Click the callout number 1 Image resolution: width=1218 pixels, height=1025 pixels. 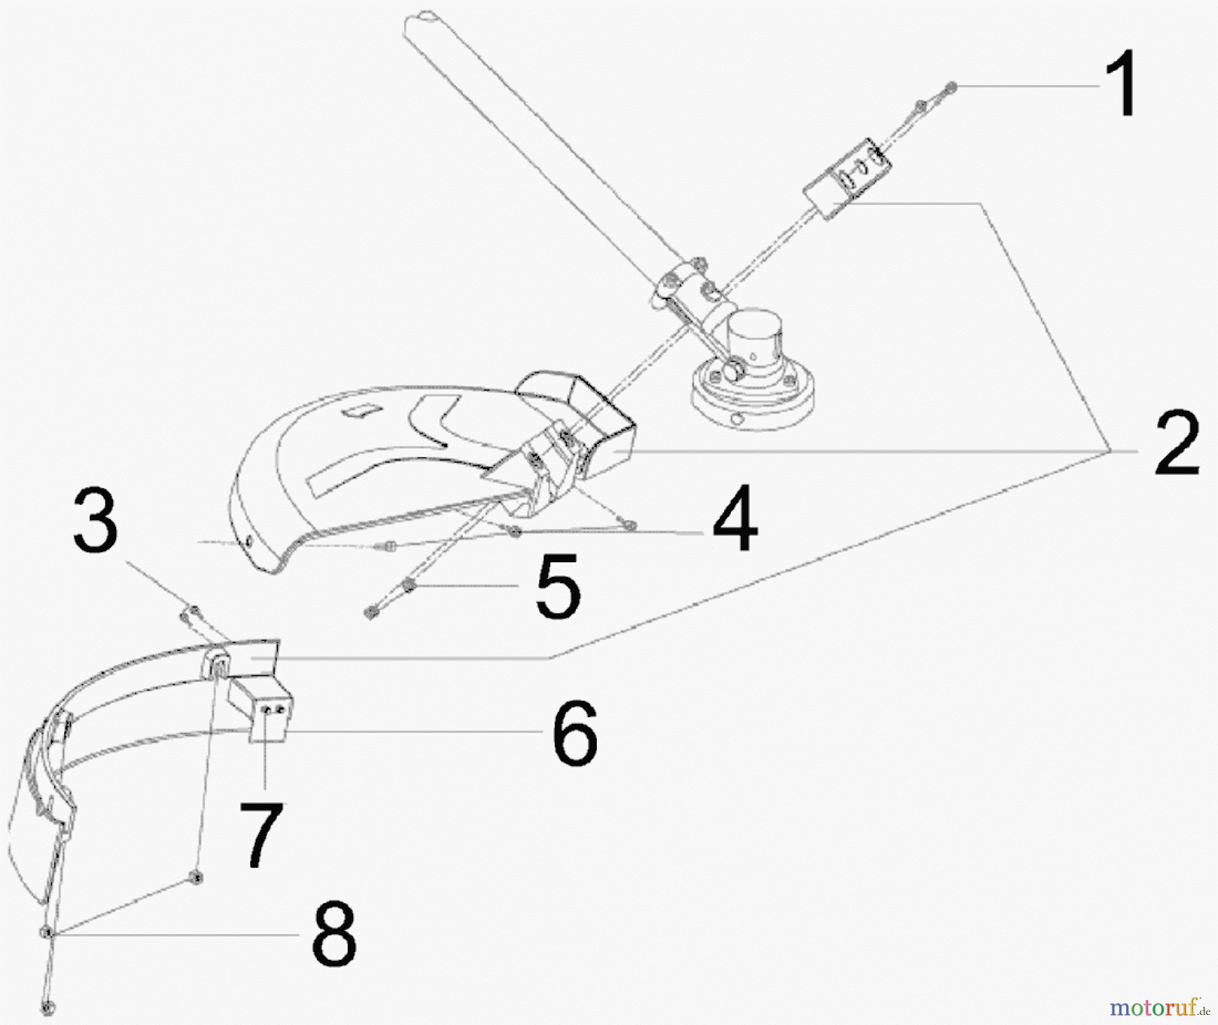(x=1121, y=87)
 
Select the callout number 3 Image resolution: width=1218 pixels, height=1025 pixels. (x=95, y=521)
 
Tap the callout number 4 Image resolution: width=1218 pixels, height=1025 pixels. (x=734, y=520)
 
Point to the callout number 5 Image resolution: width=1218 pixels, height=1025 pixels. (x=557, y=586)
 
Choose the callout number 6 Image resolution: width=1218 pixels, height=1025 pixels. (x=574, y=733)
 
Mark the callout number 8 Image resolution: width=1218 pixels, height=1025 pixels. (x=334, y=936)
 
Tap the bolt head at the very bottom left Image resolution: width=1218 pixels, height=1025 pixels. (x=47, y=1009)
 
